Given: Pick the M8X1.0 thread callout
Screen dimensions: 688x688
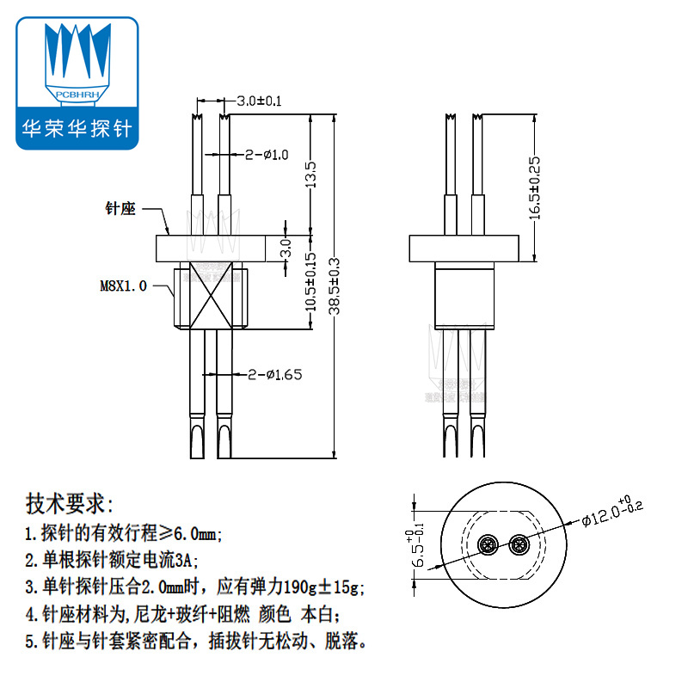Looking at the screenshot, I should point(123,286).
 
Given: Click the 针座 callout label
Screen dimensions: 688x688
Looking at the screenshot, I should point(120,209).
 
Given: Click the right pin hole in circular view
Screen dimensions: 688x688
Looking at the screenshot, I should point(519,545).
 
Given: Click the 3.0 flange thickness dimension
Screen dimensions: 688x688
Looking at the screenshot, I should point(288,249).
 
